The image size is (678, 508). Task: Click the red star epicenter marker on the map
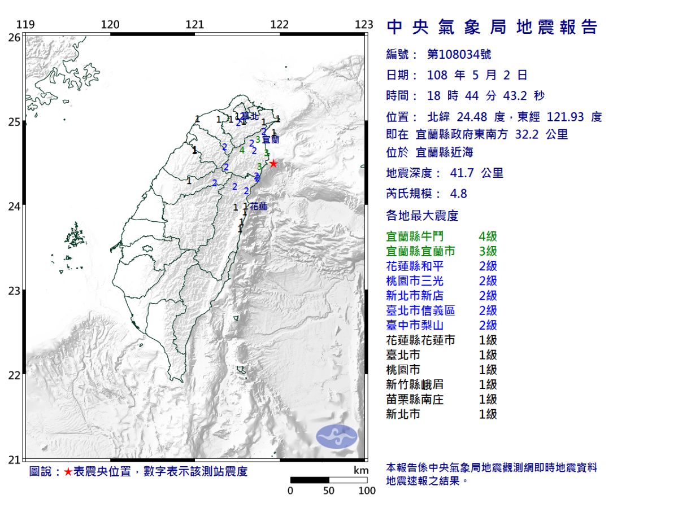(273, 164)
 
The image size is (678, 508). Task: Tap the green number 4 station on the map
(242, 150)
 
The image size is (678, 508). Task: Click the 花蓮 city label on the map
(258, 207)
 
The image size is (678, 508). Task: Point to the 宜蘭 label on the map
(271, 139)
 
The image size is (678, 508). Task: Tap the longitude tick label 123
(364, 24)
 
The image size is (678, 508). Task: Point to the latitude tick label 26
(14, 37)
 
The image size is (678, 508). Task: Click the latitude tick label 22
(14, 375)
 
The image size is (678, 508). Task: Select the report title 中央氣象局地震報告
(492, 27)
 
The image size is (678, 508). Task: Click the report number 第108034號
(459, 54)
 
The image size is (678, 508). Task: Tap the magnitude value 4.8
(458, 194)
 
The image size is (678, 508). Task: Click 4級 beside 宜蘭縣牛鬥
(487, 237)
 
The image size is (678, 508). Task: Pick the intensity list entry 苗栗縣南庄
(414, 399)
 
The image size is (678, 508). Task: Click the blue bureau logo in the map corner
(337, 436)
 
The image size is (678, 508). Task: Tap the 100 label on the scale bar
(367, 491)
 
